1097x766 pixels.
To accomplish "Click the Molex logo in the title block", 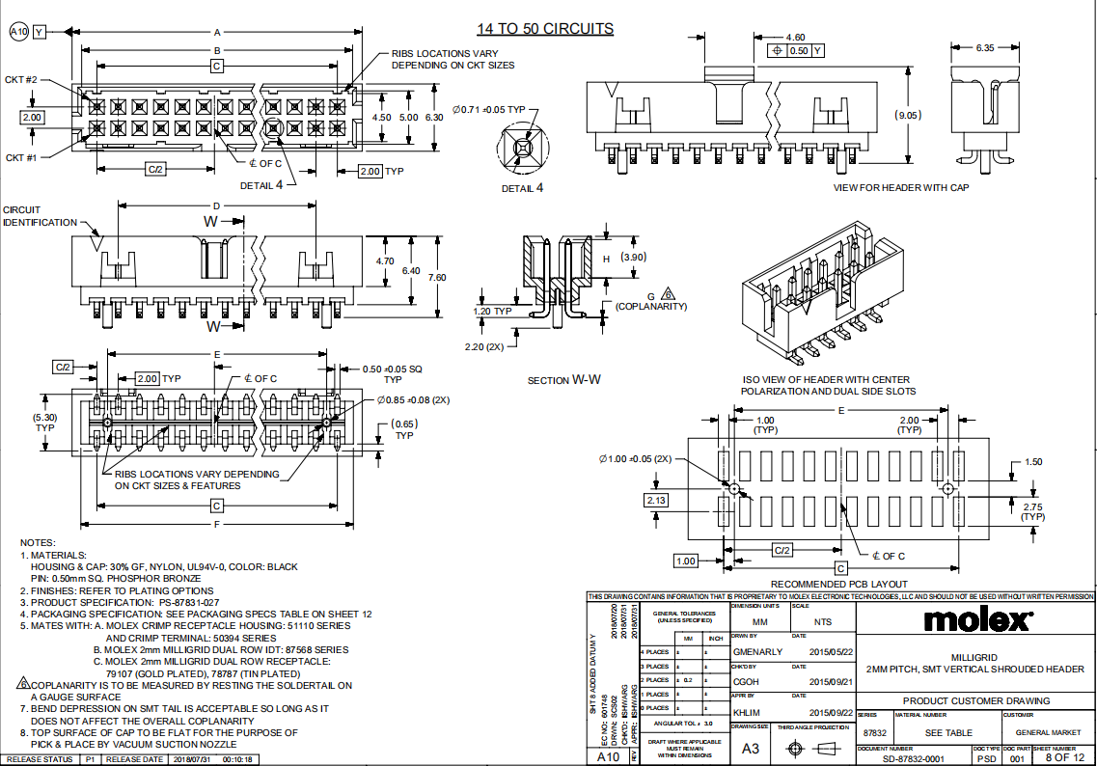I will (x=977, y=618).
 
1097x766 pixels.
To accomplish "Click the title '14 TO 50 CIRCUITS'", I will (x=545, y=29).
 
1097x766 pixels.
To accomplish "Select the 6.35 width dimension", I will (x=985, y=46).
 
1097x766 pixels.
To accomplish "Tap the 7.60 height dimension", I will (x=437, y=277).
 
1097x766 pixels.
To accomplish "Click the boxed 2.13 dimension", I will (x=656, y=500).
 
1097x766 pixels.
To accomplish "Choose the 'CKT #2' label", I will (x=21, y=79).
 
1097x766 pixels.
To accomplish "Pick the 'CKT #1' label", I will (x=21, y=157).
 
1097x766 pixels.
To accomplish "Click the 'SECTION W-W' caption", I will (x=563, y=380).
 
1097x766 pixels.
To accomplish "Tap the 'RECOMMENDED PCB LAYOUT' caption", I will (x=838, y=584).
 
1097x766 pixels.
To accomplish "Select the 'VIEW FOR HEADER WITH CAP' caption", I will (x=901, y=187).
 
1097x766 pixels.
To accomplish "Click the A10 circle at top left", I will (x=18, y=32).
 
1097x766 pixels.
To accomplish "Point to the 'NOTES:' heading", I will (x=38, y=543).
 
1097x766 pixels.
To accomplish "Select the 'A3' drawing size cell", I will (x=750, y=748).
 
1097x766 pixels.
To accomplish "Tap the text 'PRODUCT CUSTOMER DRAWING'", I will (x=976, y=701).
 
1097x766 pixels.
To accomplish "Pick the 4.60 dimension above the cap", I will (x=796, y=38).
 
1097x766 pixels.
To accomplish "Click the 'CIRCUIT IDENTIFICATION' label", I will (x=40, y=216).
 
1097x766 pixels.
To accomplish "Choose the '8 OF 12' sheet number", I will (x=1065, y=759).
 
